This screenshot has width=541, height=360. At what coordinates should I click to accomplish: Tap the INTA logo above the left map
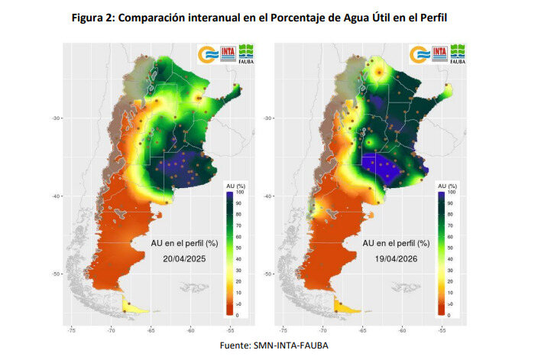tap(228, 54)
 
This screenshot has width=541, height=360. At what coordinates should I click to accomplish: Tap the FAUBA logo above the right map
tap(459, 54)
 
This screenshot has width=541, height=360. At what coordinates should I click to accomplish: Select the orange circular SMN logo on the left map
tap(208, 54)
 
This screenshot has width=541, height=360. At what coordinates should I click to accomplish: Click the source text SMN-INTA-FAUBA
tap(294, 345)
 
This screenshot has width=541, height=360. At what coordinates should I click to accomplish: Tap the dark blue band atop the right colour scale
tap(442, 196)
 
